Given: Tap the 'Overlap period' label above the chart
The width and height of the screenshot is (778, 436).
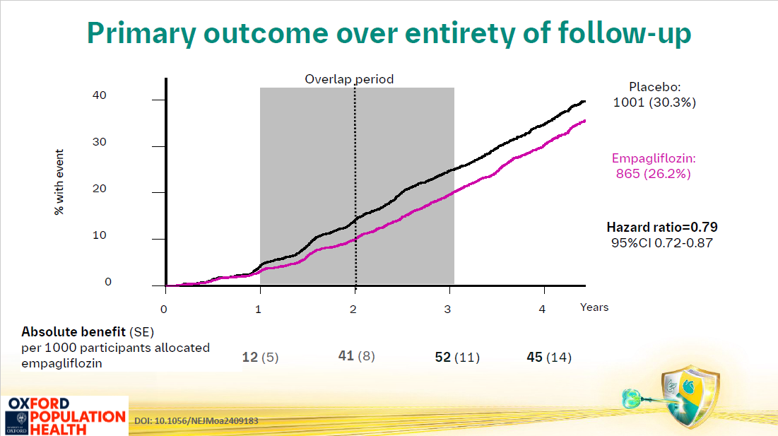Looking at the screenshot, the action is coord(349,79).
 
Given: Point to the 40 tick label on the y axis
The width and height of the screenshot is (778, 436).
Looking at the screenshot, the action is coord(99,95).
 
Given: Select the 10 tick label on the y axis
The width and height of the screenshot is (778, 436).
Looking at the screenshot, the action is coord(99,235).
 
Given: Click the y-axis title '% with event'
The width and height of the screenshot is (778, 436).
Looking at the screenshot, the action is coord(59,182).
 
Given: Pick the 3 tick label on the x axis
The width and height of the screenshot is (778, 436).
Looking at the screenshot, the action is coord(447,310).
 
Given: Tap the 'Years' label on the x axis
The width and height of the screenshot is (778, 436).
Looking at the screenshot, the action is coord(594,307).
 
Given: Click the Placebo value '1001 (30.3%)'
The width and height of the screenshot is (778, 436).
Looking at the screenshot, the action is coord(654,102).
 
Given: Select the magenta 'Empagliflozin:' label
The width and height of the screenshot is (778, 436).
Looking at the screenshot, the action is coord(654,158).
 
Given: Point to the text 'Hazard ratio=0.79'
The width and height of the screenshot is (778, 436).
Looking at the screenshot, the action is coord(662,227).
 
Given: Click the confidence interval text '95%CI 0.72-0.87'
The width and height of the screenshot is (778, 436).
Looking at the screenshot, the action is coord(662,243).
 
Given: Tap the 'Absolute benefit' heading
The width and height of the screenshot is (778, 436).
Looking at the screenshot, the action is coord(73,332).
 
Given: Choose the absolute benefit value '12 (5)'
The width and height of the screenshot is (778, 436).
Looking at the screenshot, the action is coord(260,357).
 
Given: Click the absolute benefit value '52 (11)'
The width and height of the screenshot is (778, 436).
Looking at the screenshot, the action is coord(457,357).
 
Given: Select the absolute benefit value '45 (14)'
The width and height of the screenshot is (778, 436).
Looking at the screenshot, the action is coord(549,357).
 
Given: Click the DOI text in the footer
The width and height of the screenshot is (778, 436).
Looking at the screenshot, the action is coord(196,420).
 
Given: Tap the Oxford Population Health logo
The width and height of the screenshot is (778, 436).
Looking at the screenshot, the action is coord(64,416).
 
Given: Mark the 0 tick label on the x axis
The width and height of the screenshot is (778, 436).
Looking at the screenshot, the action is coord(164,310).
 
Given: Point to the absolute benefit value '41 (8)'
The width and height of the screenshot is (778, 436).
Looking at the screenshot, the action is coord(356,355).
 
